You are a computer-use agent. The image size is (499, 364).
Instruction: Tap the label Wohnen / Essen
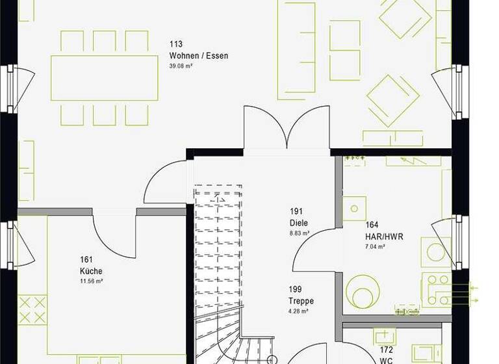[x=198, y=56]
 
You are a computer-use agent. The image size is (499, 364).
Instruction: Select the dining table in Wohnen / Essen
[x=104, y=78]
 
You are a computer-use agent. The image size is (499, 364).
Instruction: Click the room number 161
[x=86, y=259]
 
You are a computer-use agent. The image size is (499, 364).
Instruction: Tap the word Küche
[x=91, y=271]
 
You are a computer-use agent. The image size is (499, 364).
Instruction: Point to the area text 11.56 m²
[x=91, y=281]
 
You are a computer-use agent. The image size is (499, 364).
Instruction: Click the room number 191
[x=297, y=212]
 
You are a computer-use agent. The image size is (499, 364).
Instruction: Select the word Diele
[x=299, y=223]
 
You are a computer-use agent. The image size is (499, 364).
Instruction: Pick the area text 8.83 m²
[x=299, y=233]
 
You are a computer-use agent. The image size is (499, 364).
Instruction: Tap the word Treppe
[x=301, y=301]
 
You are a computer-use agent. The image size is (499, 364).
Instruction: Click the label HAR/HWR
[x=384, y=237]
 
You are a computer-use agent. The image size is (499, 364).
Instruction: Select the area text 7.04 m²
[x=375, y=247]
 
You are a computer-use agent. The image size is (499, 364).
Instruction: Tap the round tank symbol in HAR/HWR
[x=360, y=289]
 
